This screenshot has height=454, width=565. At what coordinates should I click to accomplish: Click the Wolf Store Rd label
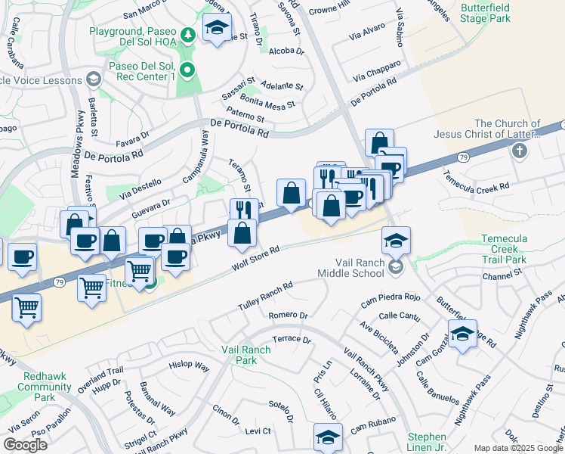coord(256,257)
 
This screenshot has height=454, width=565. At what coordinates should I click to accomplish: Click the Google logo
coord(26,445)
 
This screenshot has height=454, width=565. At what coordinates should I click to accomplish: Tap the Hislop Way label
coord(189,365)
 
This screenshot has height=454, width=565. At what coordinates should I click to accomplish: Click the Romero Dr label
coord(288,315)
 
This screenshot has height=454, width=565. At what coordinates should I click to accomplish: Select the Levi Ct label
coord(258,431)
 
